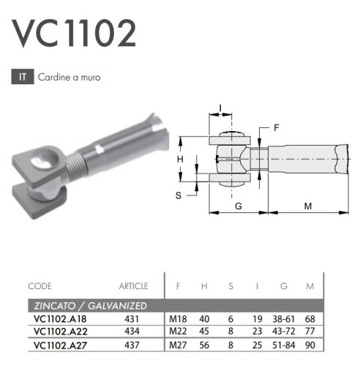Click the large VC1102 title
pyautogui.click(x=75, y=34)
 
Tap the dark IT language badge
pyautogui.click(x=23, y=77)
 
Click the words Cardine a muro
pyautogui.click(x=70, y=78)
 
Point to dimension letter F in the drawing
pyautogui.click(x=276, y=127)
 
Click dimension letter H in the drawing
pyautogui.click(x=180, y=160)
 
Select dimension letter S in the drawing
pyautogui.click(x=179, y=195)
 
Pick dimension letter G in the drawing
pyautogui.click(x=239, y=206)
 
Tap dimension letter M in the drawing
pyautogui.click(x=308, y=206)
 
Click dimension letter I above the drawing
pyautogui.click(x=220, y=108)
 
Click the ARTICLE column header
pyautogui.click(x=134, y=286)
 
